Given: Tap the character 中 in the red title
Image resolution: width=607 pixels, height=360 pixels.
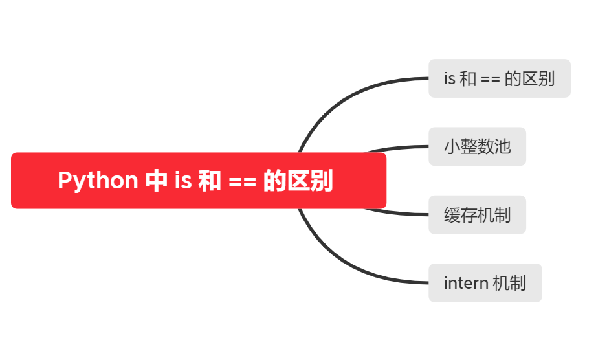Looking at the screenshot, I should coord(156,181).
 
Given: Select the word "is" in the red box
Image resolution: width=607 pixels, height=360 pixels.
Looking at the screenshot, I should coord(182,181).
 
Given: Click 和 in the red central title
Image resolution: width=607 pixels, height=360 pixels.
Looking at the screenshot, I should coord(210,181).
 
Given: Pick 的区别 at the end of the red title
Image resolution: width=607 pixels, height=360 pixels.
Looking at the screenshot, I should coord(298,181).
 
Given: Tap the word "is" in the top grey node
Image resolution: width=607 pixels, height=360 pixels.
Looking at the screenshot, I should coord(450,79).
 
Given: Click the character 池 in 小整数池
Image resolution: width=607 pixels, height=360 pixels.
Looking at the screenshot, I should coord(503,147).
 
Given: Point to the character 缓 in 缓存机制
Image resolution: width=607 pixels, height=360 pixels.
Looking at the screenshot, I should coord(452,215).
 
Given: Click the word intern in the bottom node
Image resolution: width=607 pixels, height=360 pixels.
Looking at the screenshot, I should coord(466,283).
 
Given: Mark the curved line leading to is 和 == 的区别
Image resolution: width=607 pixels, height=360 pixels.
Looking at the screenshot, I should coord(343,94).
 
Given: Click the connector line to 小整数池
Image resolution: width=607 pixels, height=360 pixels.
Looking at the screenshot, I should coord(401,147).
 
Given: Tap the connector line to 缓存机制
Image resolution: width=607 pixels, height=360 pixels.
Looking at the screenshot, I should coord(401,214).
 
